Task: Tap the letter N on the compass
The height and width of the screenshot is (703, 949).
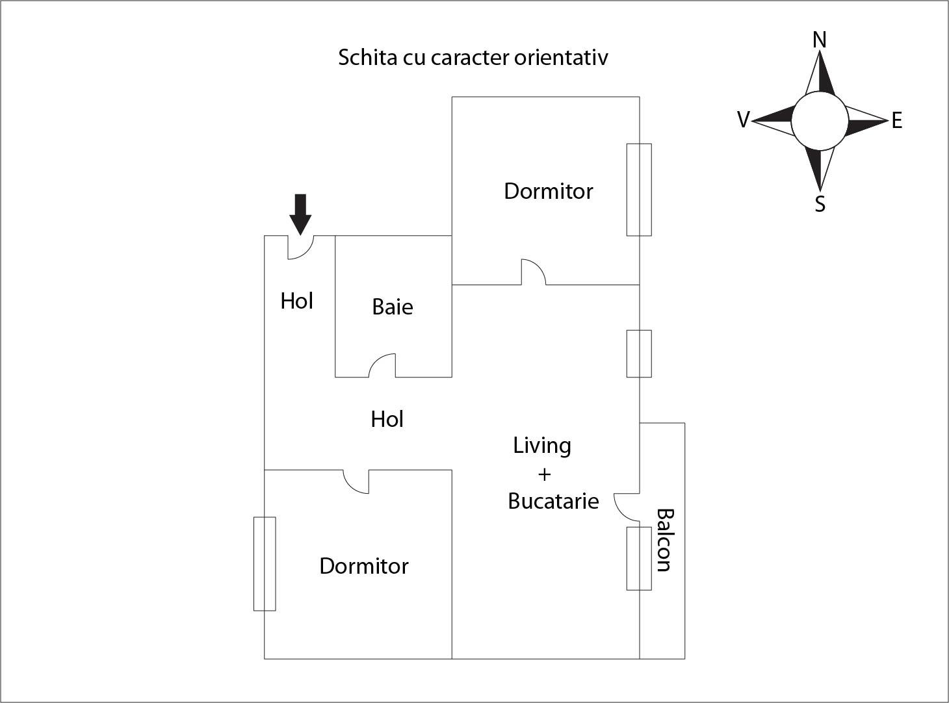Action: (x=820, y=40)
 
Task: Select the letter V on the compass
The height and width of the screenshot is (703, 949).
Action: (x=744, y=120)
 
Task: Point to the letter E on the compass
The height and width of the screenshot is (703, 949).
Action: (x=897, y=121)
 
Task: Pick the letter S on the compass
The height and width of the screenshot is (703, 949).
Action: (x=820, y=204)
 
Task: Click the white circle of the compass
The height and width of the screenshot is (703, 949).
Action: (x=820, y=120)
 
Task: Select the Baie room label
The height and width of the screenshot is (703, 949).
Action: (x=393, y=307)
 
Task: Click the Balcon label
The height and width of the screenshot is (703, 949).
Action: (x=664, y=540)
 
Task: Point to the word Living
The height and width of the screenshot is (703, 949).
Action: (x=542, y=445)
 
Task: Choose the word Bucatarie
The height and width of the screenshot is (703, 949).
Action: (x=553, y=501)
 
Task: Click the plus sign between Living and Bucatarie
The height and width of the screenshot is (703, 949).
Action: (x=544, y=474)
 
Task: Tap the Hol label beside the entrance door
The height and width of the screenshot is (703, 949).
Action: (x=297, y=301)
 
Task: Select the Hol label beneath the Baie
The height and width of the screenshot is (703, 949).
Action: (x=387, y=419)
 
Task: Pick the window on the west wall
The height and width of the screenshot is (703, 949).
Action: (x=265, y=563)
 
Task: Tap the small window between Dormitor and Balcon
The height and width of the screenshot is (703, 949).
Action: (x=639, y=353)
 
